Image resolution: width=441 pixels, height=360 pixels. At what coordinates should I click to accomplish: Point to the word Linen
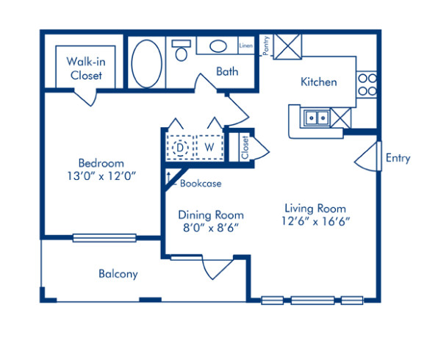point(246,46)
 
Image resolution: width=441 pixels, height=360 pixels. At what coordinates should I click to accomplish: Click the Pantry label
point(266,46)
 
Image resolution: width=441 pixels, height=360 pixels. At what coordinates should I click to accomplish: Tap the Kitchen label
point(318,82)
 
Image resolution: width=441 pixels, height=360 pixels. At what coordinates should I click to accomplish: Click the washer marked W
point(209,147)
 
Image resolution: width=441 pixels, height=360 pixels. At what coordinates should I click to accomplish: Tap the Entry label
point(398,158)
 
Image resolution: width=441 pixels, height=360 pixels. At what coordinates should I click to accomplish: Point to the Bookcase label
point(200,183)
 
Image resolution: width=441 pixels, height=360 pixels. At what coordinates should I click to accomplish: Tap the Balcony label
point(118,274)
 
